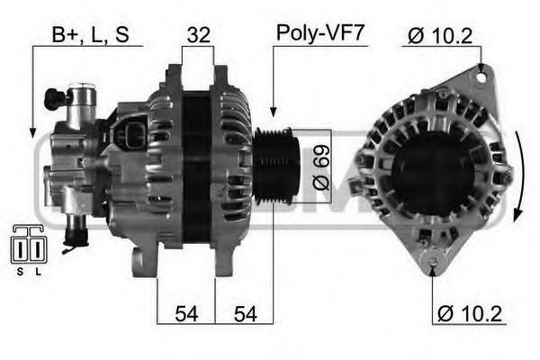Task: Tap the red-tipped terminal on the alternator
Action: click(73, 239)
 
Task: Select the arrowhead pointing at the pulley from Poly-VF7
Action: click(272, 113)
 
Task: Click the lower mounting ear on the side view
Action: click(139, 262)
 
